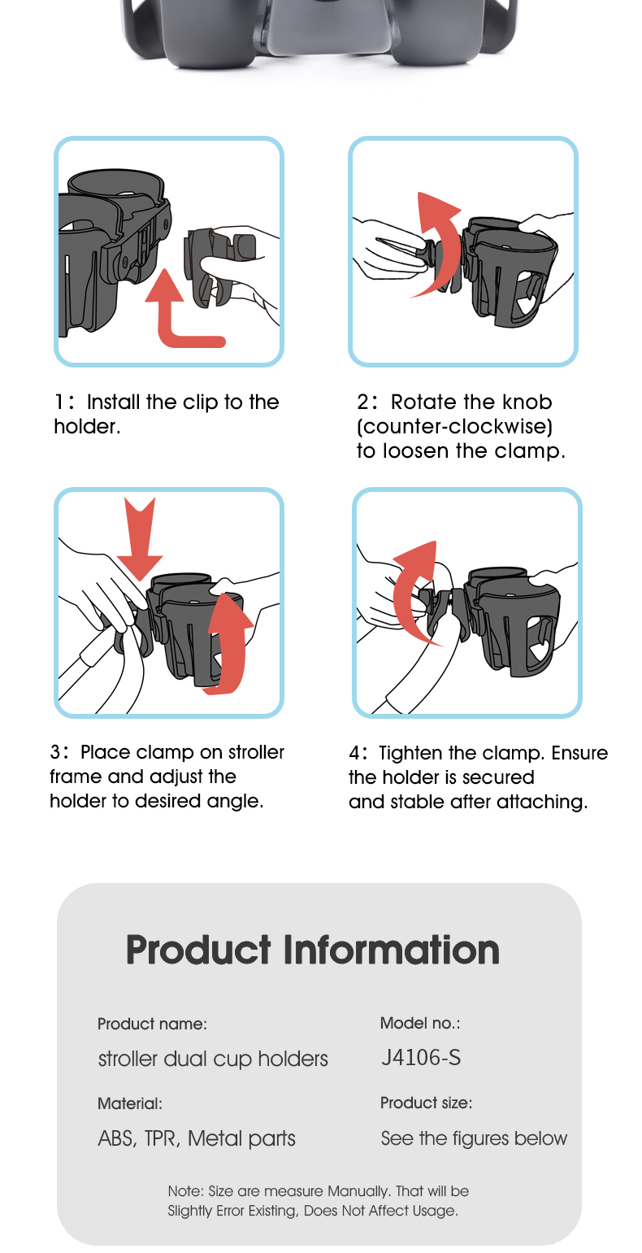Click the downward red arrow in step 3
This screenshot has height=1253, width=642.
[140, 537]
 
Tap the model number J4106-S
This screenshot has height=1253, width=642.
[421, 1057]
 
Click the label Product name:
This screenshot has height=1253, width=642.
[152, 1024]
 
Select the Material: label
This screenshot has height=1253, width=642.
[130, 1103]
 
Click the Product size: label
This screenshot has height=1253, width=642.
[426, 1103]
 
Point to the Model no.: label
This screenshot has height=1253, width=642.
[420, 1023]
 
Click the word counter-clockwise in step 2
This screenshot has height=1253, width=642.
[454, 427]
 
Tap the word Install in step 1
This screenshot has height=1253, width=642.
[113, 402]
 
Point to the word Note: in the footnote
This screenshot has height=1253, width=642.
[185, 1191]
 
